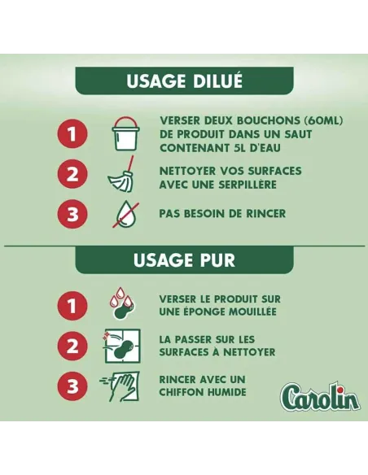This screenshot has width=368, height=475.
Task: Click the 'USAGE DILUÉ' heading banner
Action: (184, 81)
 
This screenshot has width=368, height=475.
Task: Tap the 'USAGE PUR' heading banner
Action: (184, 260)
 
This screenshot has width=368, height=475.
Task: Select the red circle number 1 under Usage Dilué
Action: (72, 134)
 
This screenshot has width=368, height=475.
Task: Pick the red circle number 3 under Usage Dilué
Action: (72, 215)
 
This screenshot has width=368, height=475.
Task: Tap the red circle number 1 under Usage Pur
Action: (72, 306)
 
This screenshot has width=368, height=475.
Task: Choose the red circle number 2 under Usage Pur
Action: (72, 346)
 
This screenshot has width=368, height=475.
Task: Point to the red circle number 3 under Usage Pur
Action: (72, 386)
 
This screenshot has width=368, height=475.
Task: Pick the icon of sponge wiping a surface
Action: (124, 346)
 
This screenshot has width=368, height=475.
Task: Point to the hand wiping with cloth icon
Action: (122, 386)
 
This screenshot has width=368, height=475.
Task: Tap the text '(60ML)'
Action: (319, 120)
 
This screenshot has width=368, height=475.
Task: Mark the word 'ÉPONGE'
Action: (207, 312)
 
